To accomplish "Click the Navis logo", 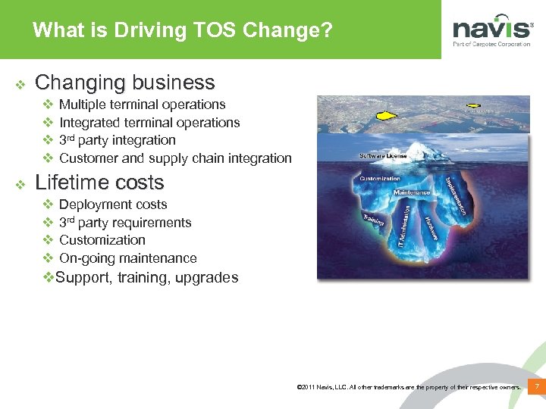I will (492, 31).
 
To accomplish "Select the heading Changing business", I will (125, 83).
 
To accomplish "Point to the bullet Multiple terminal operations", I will (142, 105).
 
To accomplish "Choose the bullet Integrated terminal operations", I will (149, 123).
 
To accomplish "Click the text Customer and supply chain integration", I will (175, 158).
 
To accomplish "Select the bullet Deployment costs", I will (113, 204).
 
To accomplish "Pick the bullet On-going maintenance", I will (127, 258).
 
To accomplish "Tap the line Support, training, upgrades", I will (146, 277).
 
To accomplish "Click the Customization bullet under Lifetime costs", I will (102, 240).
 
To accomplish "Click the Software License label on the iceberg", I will (384, 156).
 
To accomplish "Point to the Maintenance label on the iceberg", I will (412, 192).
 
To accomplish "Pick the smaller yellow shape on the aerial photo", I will (475, 105).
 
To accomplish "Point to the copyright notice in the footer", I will (410, 388).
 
